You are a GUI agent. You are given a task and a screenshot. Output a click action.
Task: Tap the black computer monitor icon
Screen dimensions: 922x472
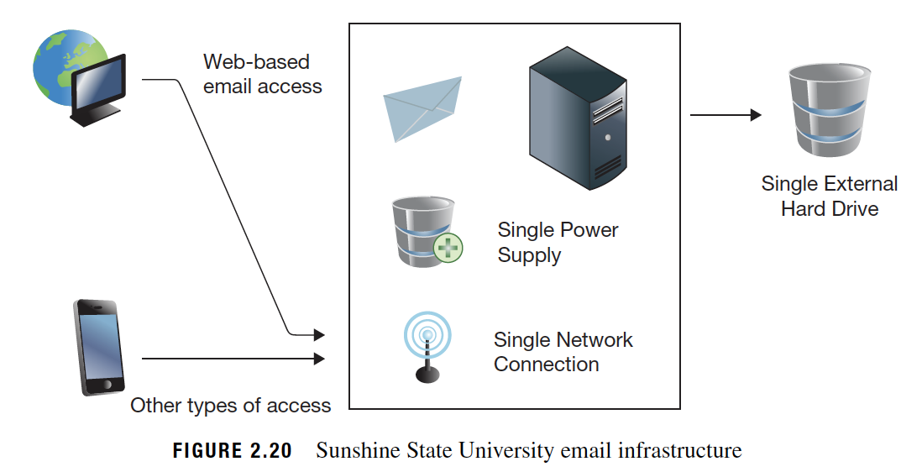(x=99, y=89)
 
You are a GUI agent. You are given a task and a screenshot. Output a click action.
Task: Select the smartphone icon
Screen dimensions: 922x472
(x=99, y=348)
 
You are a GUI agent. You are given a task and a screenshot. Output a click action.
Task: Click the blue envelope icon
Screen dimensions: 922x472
(x=422, y=108)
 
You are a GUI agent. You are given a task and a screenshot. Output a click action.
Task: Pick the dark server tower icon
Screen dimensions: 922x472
(x=578, y=118)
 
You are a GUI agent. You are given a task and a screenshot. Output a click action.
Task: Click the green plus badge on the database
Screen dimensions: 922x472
(x=448, y=248)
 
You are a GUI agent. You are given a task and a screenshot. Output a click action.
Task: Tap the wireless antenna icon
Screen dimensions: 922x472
(x=427, y=348)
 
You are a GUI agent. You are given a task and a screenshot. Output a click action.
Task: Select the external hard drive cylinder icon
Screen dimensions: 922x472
(x=829, y=111)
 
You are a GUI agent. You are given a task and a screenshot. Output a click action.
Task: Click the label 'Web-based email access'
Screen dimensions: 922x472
(x=262, y=74)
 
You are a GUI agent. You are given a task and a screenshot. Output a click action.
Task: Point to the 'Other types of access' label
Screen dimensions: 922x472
(x=230, y=405)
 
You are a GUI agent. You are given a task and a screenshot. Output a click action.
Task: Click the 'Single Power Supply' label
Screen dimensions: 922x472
(x=558, y=242)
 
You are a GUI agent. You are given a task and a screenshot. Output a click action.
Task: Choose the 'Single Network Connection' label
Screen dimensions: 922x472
(x=563, y=352)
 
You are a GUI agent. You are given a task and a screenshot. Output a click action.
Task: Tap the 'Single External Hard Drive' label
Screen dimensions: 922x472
(x=829, y=196)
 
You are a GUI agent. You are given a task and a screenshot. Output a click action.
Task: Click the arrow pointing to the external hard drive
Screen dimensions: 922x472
(x=726, y=115)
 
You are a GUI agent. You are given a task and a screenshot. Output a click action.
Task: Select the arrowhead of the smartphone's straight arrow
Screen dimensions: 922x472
(x=319, y=359)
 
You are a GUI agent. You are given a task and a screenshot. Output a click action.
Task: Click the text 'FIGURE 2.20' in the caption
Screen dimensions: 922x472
(x=233, y=451)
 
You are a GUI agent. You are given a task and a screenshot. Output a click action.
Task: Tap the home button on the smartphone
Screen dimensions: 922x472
(x=107, y=385)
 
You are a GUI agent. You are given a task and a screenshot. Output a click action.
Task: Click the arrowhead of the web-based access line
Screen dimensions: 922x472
(x=319, y=335)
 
